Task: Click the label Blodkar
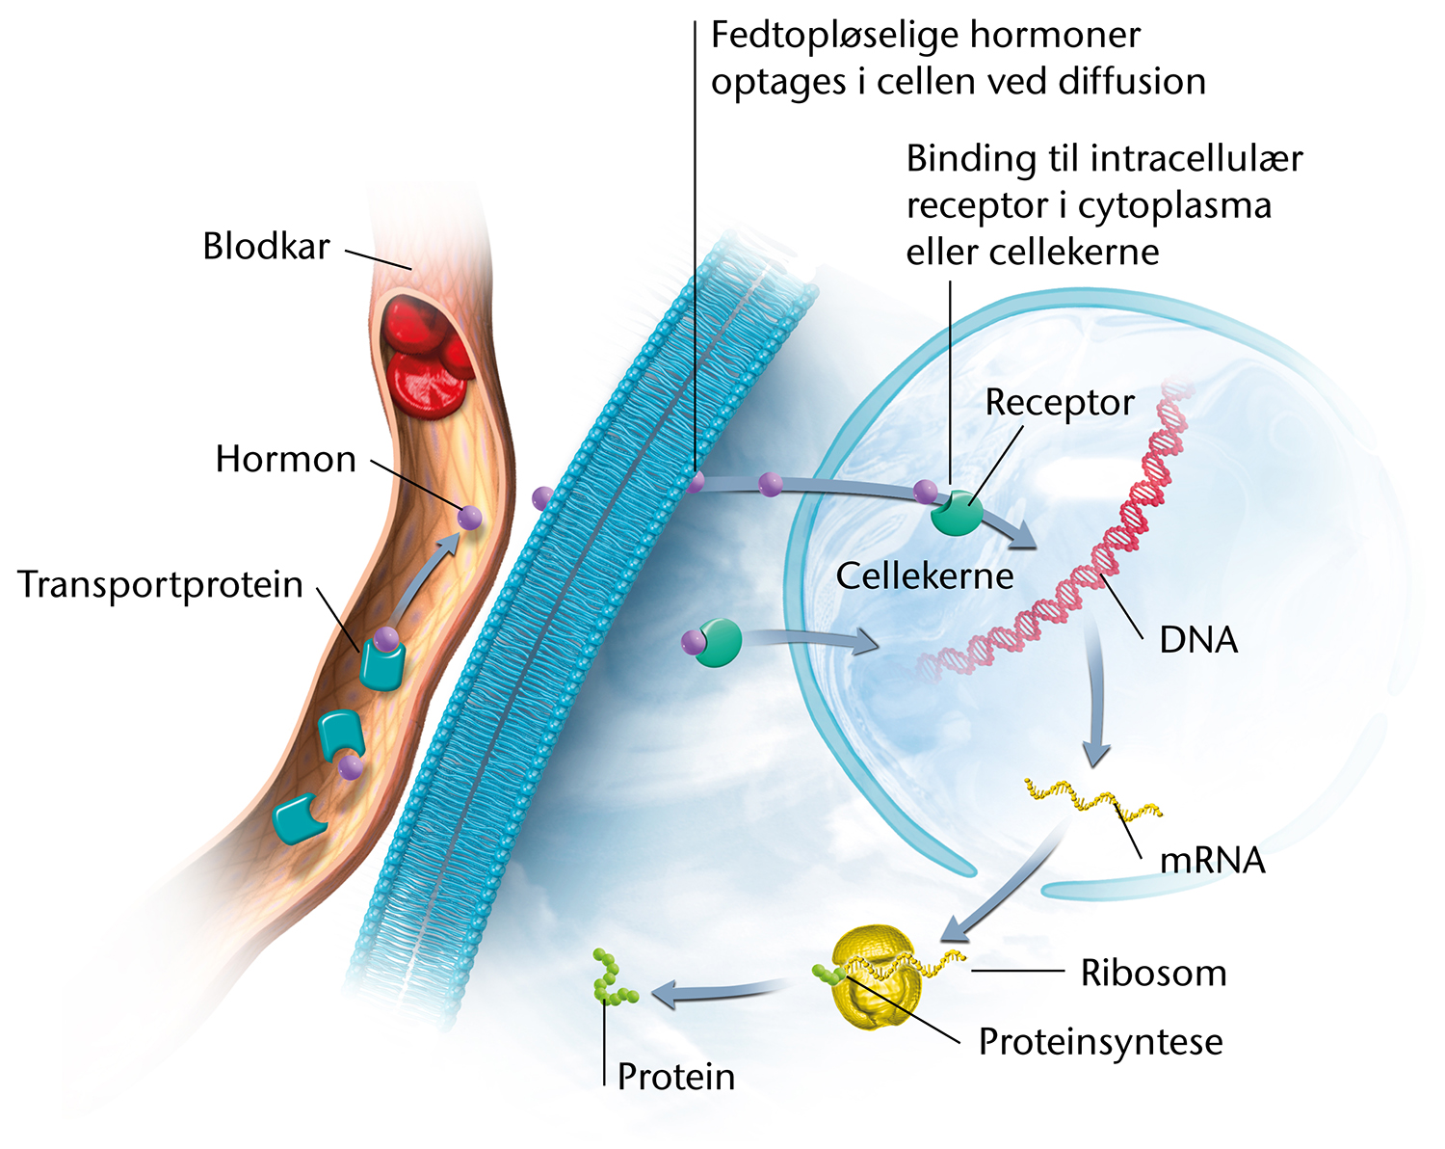(267, 246)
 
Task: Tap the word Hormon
(285, 459)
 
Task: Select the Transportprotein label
(160, 584)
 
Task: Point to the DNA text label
(1198, 640)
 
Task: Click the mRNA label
(1213, 861)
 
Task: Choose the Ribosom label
(1153, 973)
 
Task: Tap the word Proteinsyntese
(1100, 1042)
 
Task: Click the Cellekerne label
(925, 575)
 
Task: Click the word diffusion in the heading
(1132, 81)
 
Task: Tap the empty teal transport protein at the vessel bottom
(299, 819)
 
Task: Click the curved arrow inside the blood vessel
(423, 577)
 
